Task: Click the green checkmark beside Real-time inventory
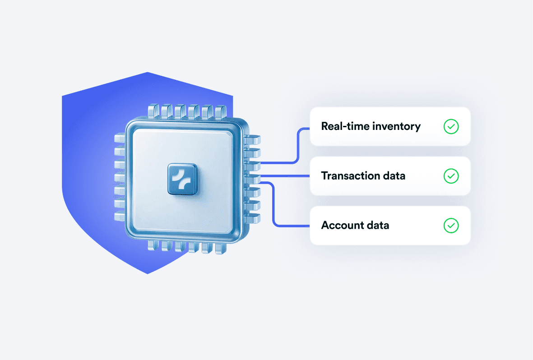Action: click(451, 126)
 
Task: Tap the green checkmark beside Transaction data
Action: click(451, 175)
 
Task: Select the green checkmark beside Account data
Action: click(451, 225)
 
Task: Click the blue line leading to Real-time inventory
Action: click(297, 144)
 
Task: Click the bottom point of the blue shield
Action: click(148, 273)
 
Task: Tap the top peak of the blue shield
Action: click(148, 73)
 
